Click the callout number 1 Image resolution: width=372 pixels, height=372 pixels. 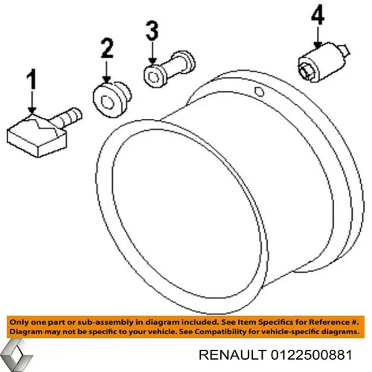[x=32, y=79]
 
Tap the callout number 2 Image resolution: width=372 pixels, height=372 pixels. [x=107, y=48]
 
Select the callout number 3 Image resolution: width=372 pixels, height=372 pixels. [x=152, y=30]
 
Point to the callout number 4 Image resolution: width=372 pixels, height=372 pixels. [x=318, y=14]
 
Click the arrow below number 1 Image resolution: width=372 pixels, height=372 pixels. [x=32, y=101]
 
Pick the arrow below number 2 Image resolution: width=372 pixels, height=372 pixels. [x=107, y=72]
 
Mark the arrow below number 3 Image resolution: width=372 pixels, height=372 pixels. [x=153, y=53]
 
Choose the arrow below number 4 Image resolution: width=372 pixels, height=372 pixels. [x=317, y=37]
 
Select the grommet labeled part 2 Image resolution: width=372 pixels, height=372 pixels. [x=112, y=100]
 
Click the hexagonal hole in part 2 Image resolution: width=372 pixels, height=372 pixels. [x=107, y=102]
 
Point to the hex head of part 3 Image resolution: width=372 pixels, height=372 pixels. [x=154, y=76]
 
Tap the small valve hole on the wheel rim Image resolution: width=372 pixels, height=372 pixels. [x=259, y=91]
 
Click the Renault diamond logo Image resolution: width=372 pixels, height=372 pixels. [x=17, y=355]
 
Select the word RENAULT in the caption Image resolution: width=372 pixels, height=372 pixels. [x=232, y=355]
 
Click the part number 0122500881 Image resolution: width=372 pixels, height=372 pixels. [x=311, y=355]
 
